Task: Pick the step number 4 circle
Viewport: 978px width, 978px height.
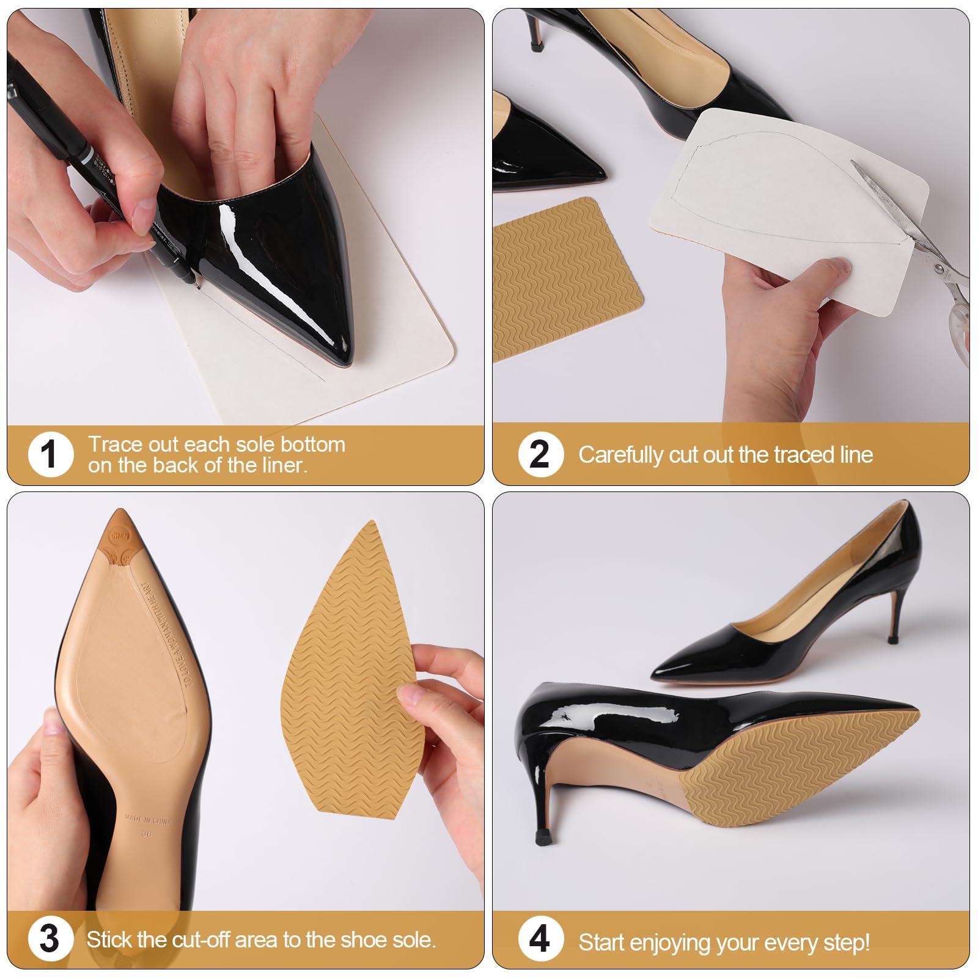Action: [x=539, y=939]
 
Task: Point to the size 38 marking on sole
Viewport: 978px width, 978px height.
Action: [x=147, y=833]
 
